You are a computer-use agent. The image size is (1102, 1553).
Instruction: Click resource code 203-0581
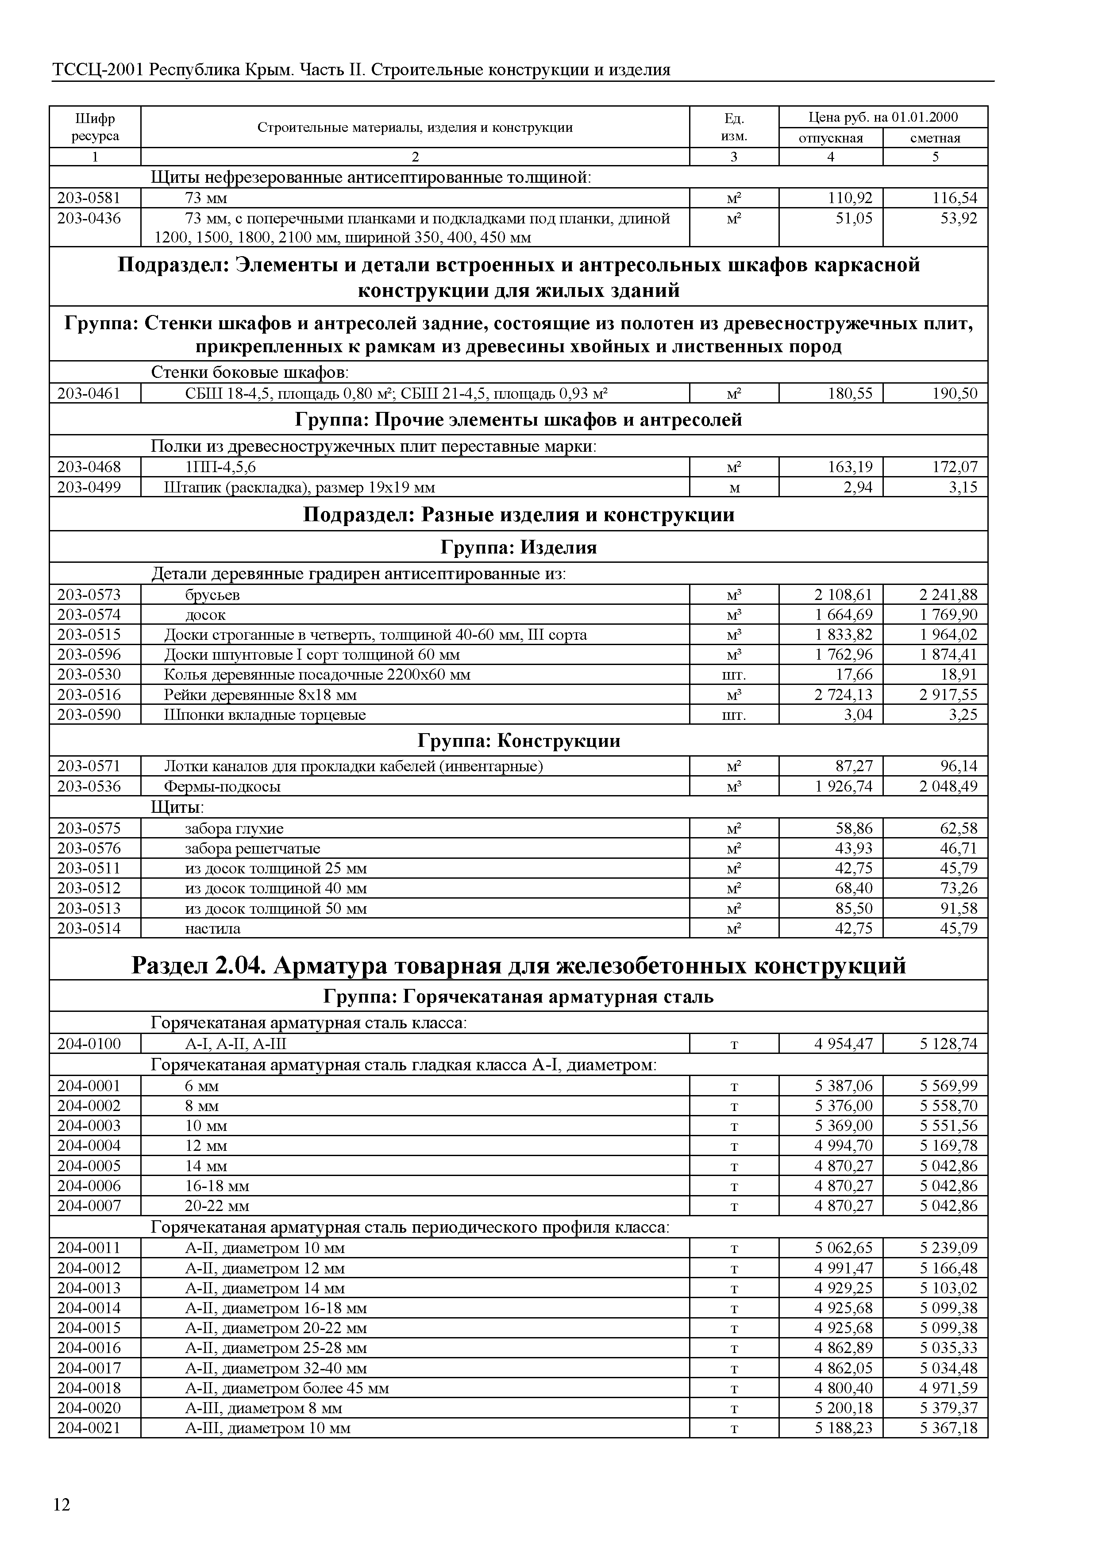click(x=89, y=198)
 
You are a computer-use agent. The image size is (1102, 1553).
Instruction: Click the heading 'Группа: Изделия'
click(x=518, y=547)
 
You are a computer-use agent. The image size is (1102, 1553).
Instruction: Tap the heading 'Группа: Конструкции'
click(x=518, y=741)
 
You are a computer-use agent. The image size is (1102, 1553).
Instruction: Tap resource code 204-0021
click(x=89, y=1428)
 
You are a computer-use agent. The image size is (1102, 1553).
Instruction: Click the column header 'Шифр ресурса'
click(x=95, y=127)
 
